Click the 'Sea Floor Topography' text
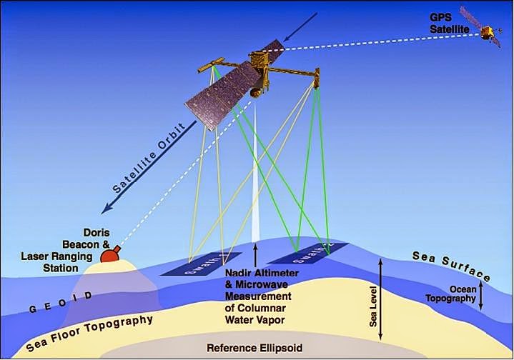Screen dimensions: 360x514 point(89,333)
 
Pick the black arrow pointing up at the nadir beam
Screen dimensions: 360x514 point(255,254)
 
